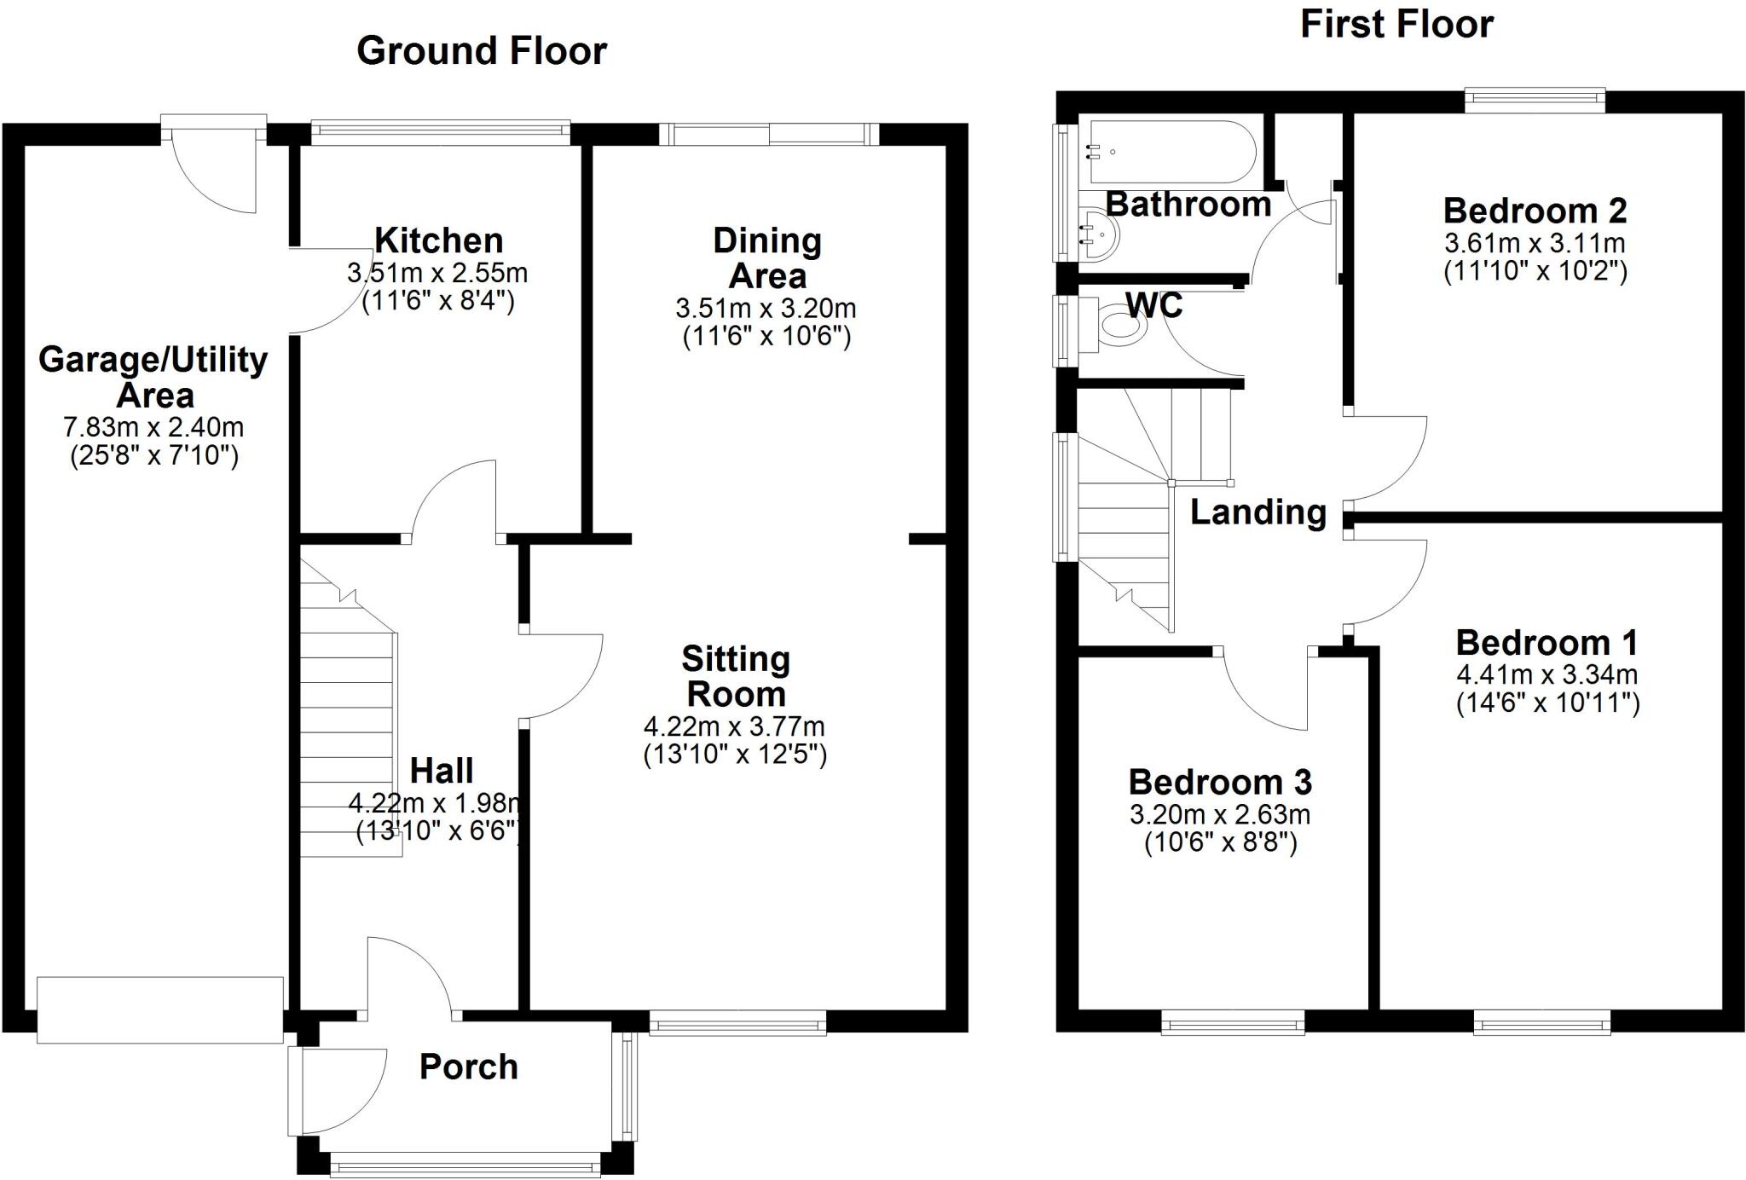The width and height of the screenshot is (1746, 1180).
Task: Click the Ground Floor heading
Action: pos(482,51)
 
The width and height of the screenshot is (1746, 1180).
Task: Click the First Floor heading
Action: pos(1396,25)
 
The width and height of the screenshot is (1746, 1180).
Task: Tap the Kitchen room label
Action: pos(439,240)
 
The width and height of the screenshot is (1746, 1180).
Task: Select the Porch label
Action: pos(469,1067)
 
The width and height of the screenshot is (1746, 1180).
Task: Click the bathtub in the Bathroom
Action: pos(1168,152)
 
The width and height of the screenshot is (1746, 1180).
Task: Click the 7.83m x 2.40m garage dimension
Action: pos(153,426)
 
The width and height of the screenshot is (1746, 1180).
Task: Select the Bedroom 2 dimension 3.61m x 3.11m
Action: pos(1535,243)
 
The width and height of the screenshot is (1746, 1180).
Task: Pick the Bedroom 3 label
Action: pos(1220,782)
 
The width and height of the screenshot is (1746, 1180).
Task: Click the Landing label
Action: pos(1258,512)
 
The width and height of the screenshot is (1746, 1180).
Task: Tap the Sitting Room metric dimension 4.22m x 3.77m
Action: pos(734,727)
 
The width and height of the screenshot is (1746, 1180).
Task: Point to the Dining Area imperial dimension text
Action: pos(766,337)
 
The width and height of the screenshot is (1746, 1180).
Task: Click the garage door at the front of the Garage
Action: pos(159,1009)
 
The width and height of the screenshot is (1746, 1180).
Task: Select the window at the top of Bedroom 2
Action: pos(1535,101)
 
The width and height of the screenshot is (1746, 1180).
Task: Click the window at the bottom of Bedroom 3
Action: pos(1233,1021)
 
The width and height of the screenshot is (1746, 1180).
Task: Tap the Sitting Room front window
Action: pos(737,1021)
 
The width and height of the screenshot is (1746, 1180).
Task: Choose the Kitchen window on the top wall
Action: pos(440,131)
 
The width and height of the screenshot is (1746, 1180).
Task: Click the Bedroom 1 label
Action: pos(1547,642)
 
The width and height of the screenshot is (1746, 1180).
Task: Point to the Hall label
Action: pos(442,771)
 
